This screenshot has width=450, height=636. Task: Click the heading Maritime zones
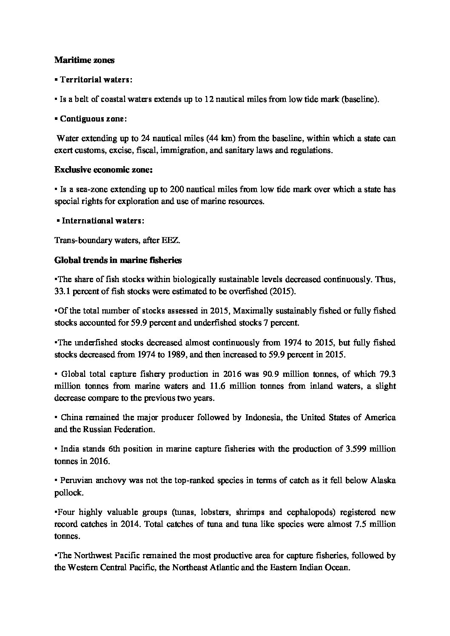pyautogui.click(x=84, y=60)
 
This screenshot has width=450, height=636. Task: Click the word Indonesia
pyautogui.click(x=264, y=417)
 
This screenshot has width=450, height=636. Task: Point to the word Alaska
pyautogui.click(x=383, y=481)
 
